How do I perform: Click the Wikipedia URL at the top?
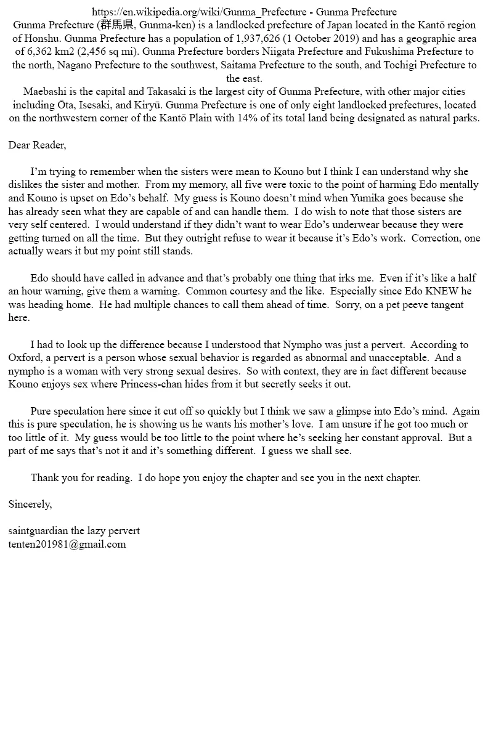coord(200,12)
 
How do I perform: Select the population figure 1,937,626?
coord(266,38)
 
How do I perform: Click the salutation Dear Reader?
coord(37,145)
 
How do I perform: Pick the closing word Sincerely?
coord(30,504)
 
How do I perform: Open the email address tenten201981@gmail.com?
coord(67,544)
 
